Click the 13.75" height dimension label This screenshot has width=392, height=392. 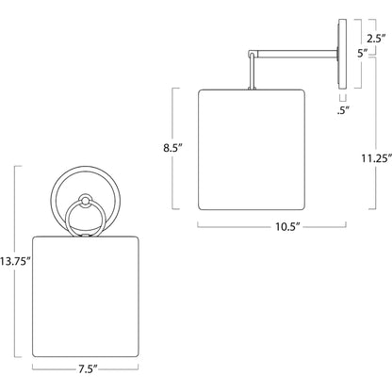[x=15, y=261]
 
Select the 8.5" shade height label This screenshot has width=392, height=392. [x=172, y=148]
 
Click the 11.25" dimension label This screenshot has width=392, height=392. [x=376, y=158]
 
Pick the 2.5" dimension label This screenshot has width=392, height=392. [x=376, y=39]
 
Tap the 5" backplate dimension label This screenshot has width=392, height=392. [x=363, y=53]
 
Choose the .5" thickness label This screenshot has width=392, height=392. [x=343, y=110]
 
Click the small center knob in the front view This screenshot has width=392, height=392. [x=85, y=200]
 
